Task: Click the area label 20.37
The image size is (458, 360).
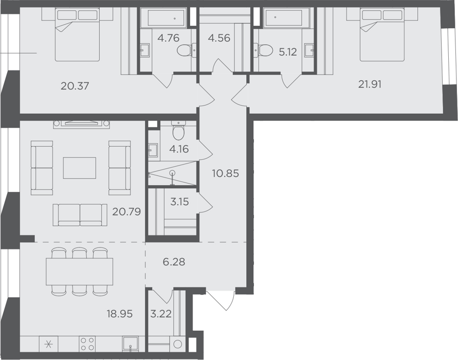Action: coord(75,86)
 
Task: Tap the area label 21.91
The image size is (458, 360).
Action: coord(370,84)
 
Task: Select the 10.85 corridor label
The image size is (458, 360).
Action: coord(226,174)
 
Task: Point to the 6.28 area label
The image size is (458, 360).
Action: coord(174,262)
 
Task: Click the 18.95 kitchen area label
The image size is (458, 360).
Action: coord(120,314)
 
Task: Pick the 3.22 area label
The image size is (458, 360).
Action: coord(161,314)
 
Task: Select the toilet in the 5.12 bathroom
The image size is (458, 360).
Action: coord(262,50)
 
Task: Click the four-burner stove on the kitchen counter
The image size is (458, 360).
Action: coord(87,344)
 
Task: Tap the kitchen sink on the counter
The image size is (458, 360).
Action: coord(131,344)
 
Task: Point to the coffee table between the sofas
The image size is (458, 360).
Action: coord(80,168)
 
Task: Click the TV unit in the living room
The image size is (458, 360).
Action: coord(82,124)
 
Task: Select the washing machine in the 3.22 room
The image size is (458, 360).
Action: coord(177,344)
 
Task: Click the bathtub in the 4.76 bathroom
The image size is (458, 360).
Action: coord(167,17)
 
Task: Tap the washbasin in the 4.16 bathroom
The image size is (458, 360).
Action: coord(153,151)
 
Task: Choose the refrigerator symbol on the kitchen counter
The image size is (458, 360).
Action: coord(48,344)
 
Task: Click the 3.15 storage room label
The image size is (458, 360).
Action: coord(179,202)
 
